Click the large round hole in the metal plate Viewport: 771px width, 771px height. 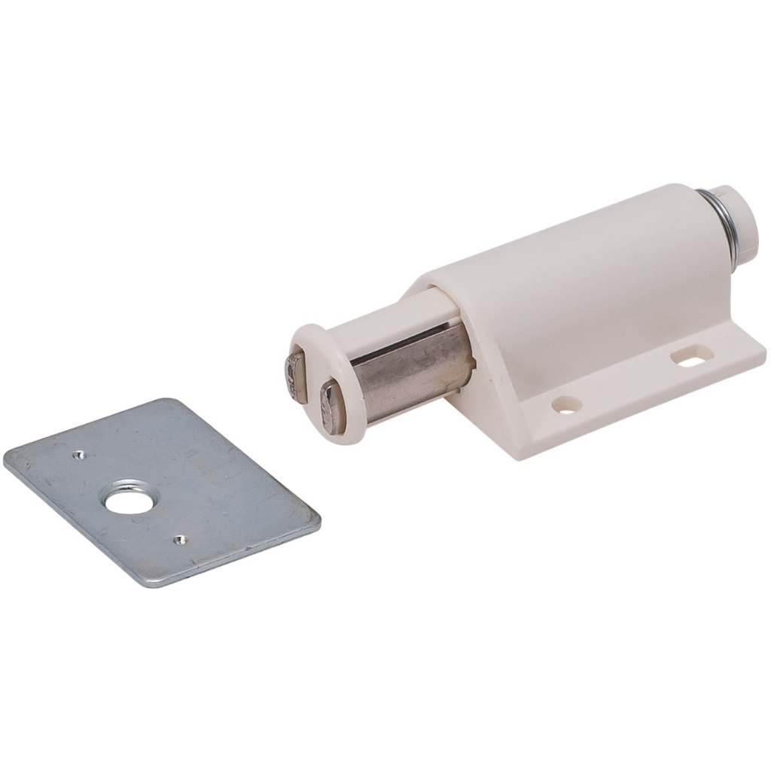(x=128, y=498)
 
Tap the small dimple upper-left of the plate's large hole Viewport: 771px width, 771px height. (x=79, y=454)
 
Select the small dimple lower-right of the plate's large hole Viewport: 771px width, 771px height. (x=178, y=538)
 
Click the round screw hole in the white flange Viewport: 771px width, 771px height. (x=566, y=404)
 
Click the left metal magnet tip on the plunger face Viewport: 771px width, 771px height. (x=294, y=374)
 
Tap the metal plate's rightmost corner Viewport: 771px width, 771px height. (x=319, y=520)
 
